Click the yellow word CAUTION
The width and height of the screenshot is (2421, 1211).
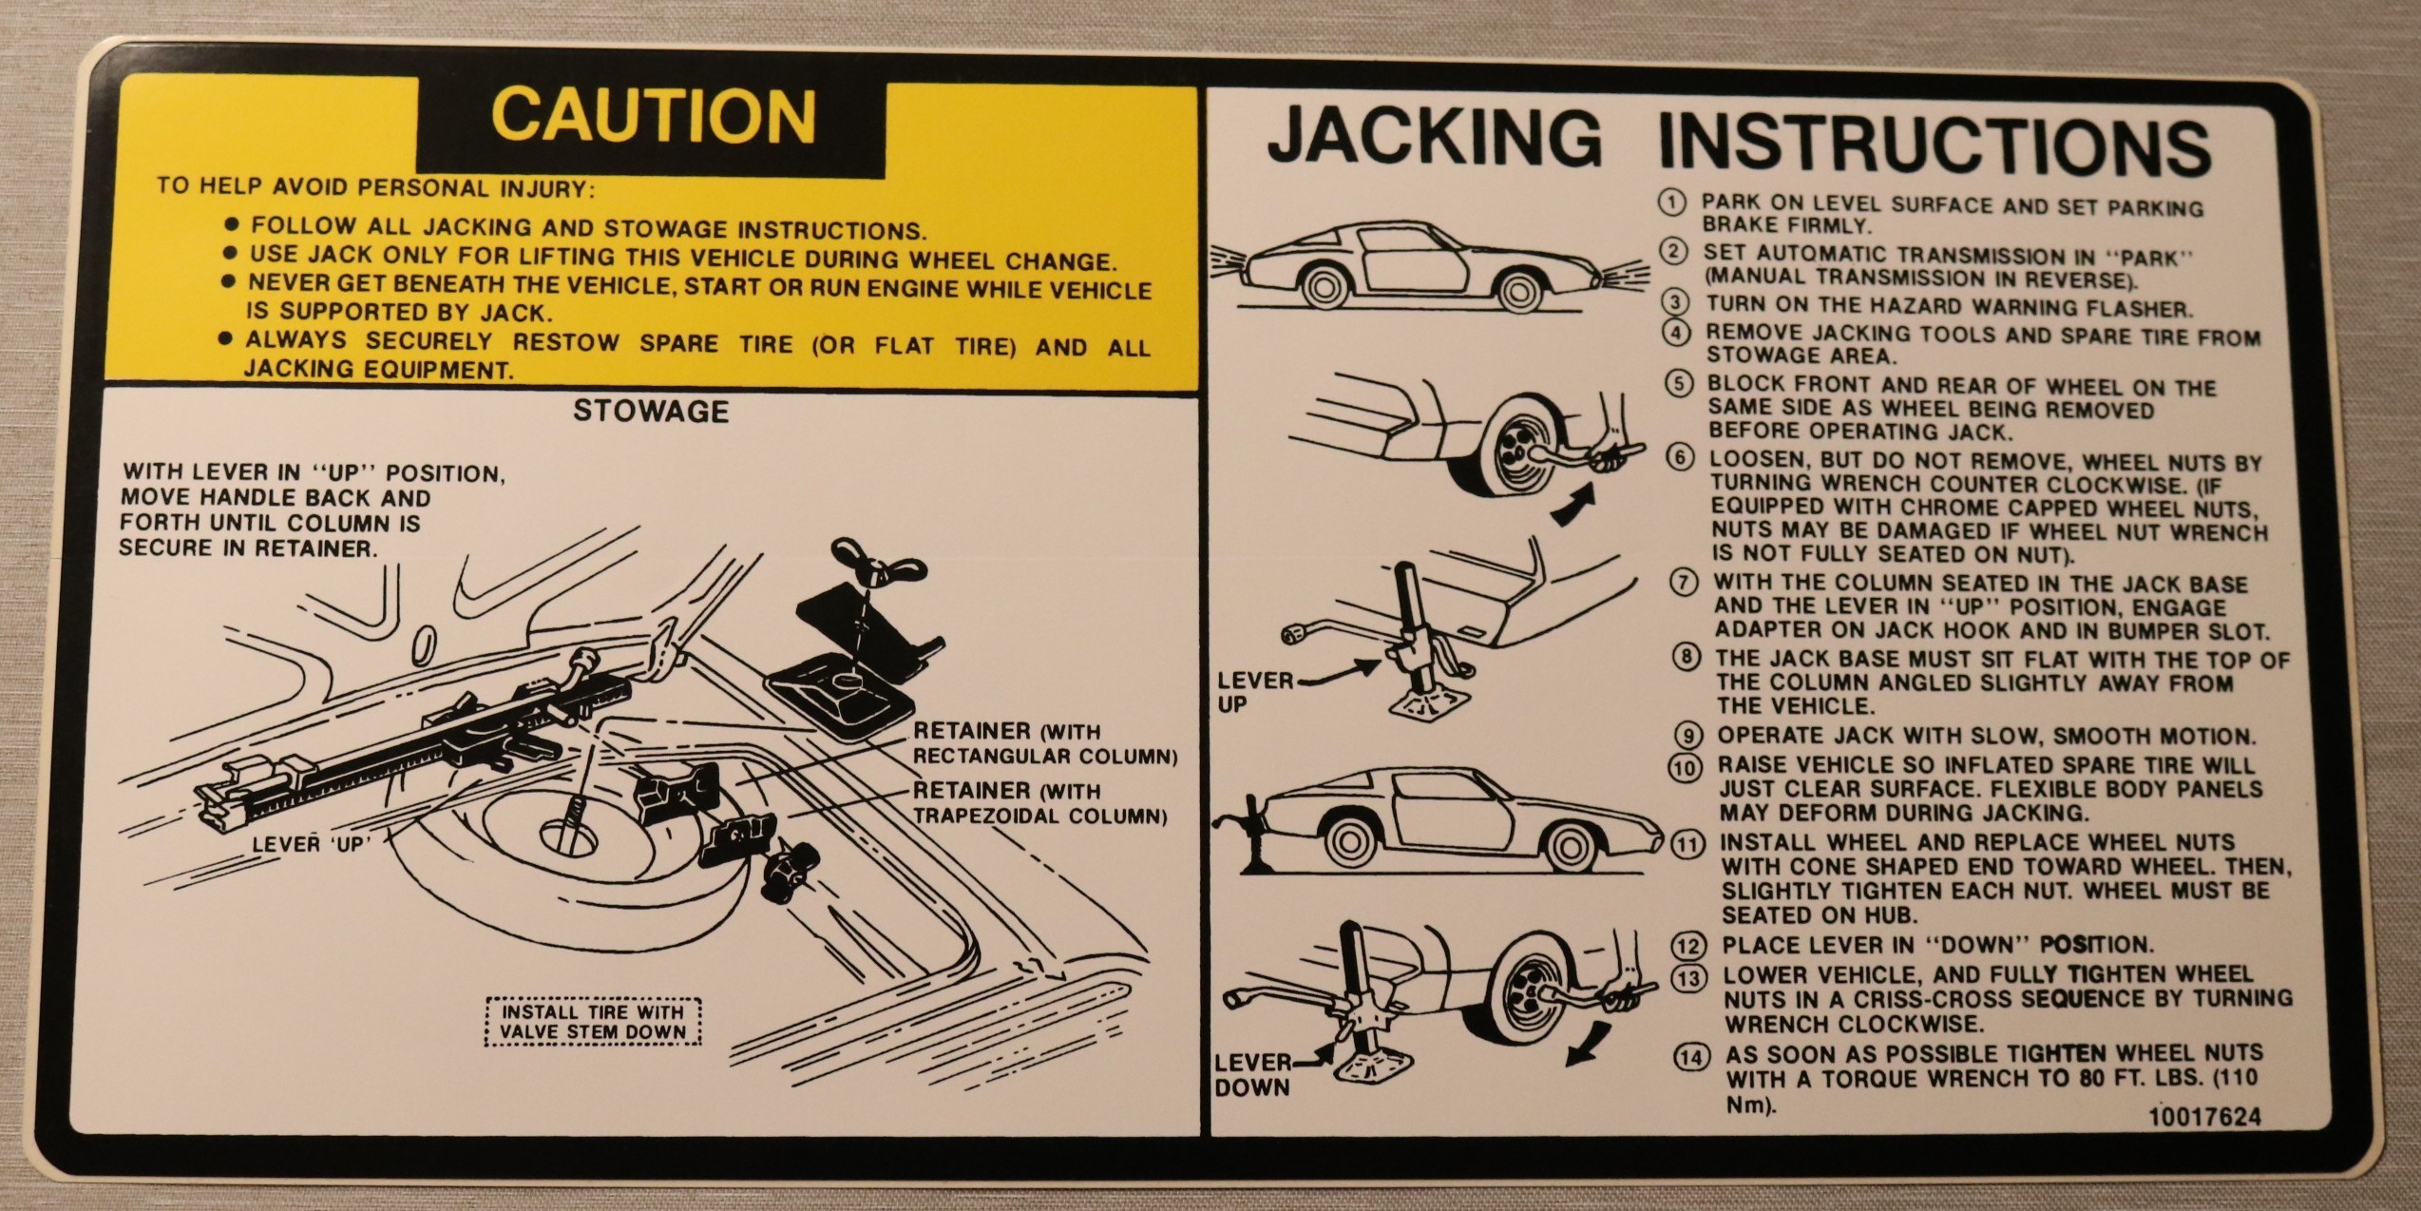(x=653, y=116)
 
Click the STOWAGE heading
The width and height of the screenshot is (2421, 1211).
(x=651, y=412)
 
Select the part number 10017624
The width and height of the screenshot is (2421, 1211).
(x=2204, y=1117)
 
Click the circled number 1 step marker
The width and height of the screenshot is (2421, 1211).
(x=1671, y=203)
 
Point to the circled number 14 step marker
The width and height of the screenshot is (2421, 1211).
(x=1691, y=1057)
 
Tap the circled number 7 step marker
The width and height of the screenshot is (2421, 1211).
(x=1683, y=583)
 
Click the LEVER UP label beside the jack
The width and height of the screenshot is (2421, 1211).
(x=1254, y=692)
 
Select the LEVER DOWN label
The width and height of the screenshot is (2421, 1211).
(x=1252, y=1075)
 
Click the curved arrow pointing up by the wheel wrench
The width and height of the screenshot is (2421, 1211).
(x=1573, y=504)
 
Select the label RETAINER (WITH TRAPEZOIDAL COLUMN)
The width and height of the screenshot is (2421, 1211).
(x=1039, y=803)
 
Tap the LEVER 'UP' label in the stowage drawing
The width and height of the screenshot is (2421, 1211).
(x=310, y=844)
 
